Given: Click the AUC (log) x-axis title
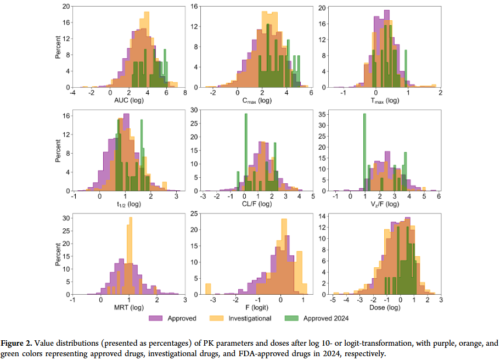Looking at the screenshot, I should [128, 100].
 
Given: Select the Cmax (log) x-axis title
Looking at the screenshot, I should [257, 100].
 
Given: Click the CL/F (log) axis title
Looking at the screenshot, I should [257, 204].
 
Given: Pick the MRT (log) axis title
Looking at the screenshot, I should [128, 308].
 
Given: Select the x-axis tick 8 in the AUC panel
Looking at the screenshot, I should [185, 93].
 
